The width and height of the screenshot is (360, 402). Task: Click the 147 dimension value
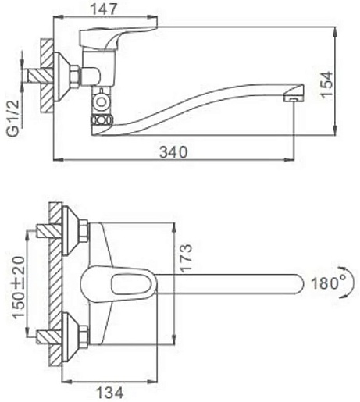coord(103,9)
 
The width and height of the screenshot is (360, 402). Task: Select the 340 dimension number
coord(173,152)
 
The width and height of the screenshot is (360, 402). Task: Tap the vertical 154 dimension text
coord(327,84)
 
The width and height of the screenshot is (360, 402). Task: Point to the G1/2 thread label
coord(13,118)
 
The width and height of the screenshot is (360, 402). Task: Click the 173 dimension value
coord(186,258)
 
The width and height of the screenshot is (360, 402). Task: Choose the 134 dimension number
coord(109,393)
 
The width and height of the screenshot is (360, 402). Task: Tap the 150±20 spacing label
coord(20,287)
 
